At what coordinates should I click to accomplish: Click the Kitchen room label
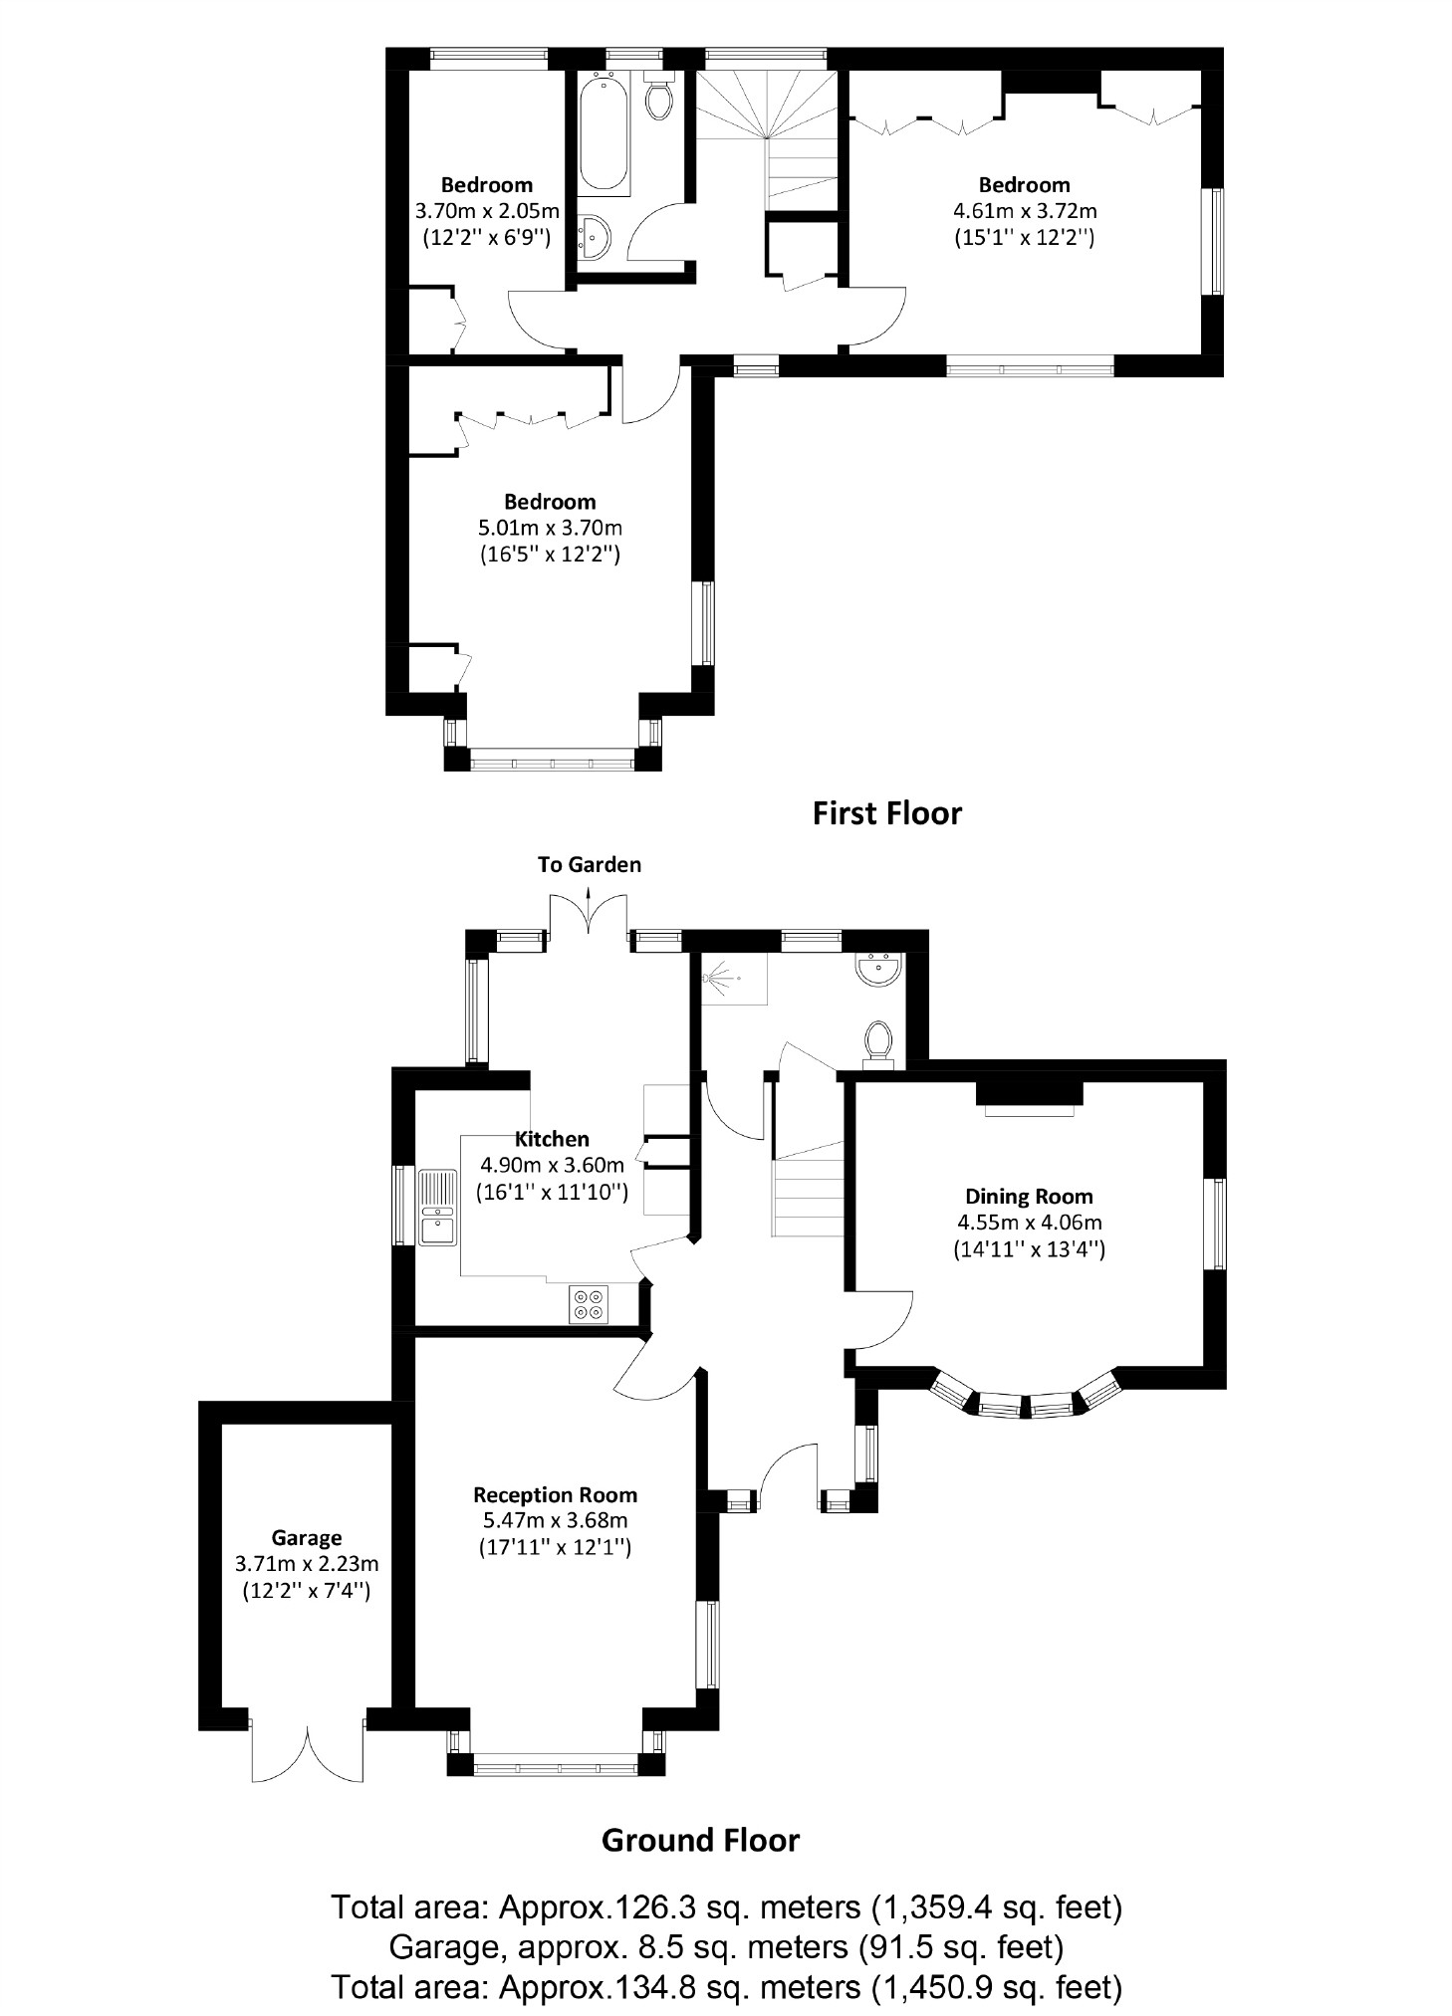[x=552, y=1139]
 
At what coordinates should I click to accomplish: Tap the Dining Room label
[x=1029, y=1197]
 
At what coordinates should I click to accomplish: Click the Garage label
[x=307, y=1538]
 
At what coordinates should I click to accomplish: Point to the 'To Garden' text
[x=590, y=864]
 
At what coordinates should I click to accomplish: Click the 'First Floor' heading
[x=886, y=813]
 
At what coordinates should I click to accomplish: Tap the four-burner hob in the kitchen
[x=588, y=1304]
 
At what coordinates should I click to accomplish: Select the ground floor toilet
[x=877, y=1041]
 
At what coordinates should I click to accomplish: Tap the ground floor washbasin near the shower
[x=878, y=969]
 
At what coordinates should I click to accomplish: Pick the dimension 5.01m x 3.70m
[x=550, y=528]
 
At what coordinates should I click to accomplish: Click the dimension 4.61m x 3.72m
[x=1025, y=211]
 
